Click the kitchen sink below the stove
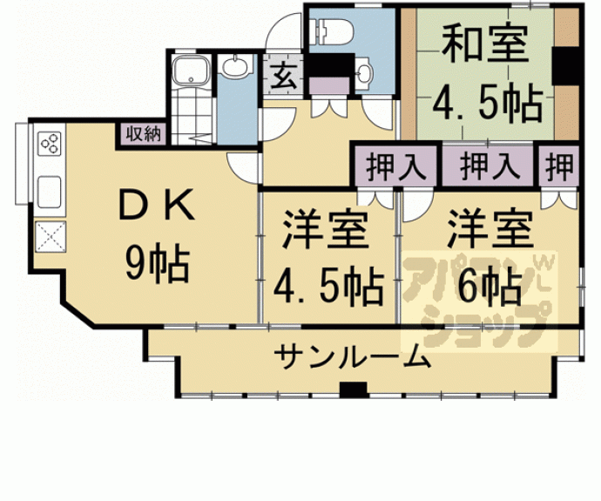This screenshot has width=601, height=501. tap(48, 190)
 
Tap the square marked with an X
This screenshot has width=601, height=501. tap(48, 236)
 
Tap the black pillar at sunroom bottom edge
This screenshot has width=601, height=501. tap(352, 389)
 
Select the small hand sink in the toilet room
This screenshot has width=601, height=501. tap(364, 73)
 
